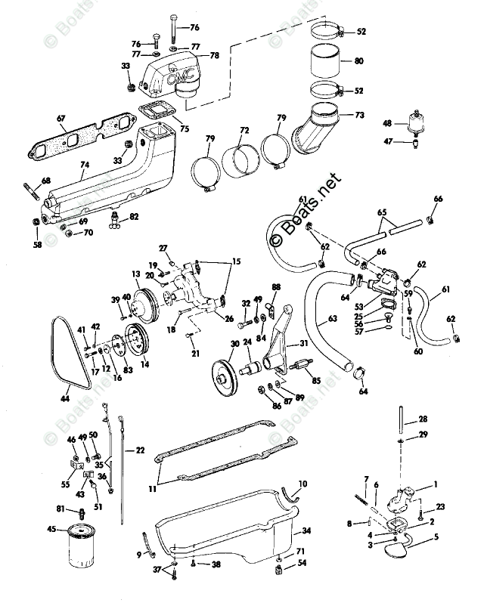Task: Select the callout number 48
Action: [388, 122]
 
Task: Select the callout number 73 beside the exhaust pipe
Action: [360, 115]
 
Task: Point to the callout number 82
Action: [134, 216]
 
